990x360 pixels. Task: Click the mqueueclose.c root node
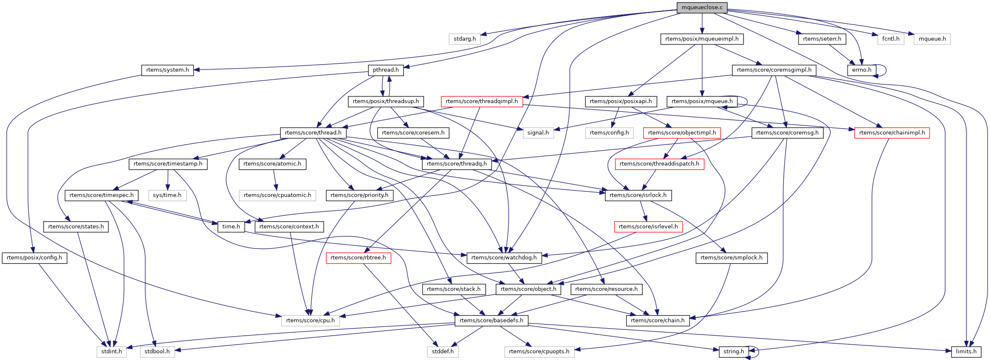click(702, 8)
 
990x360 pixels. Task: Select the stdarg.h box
click(465, 39)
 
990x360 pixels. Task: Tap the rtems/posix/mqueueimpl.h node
click(702, 39)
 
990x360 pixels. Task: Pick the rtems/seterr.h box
click(822, 39)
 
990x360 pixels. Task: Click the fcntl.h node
click(891, 39)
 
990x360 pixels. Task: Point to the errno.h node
click(861, 70)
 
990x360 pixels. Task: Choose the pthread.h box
click(386, 70)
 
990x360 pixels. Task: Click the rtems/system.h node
click(167, 70)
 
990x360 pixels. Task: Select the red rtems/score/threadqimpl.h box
click(481, 101)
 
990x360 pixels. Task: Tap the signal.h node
click(538, 133)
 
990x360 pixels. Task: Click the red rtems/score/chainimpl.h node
click(892, 133)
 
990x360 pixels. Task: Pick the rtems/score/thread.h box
click(313, 133)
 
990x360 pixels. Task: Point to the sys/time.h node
click(167, 195)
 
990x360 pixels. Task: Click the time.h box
click(231, 227)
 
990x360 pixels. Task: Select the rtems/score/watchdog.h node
click(504, 258)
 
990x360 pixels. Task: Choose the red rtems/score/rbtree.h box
click(358, 258)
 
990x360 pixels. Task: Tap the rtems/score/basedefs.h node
click(491, 321)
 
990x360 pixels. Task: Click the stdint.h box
click(111, 352)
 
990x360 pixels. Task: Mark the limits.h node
click(966, 352)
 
